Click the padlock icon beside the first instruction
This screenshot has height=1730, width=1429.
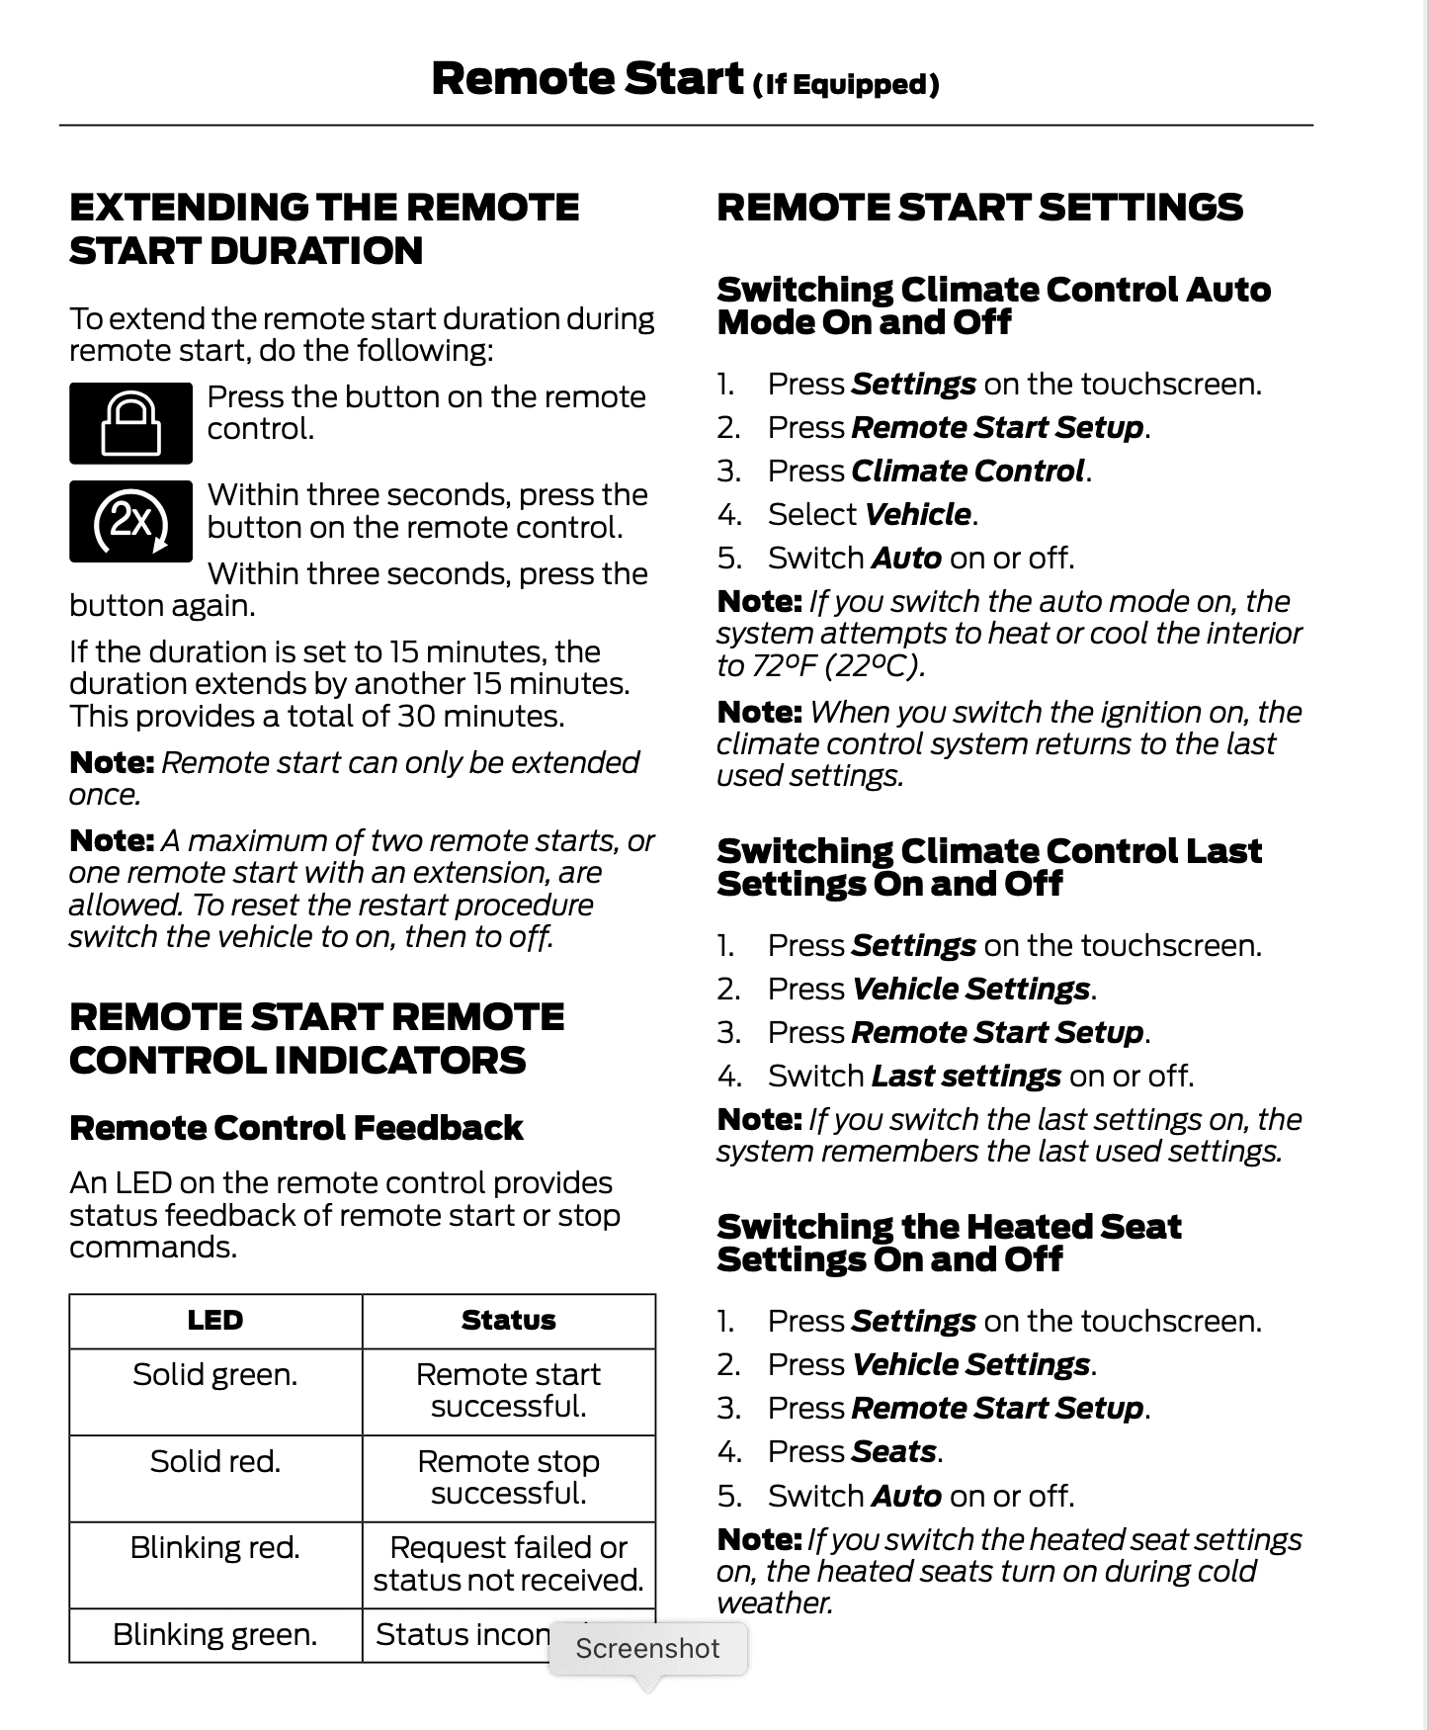[130, 423]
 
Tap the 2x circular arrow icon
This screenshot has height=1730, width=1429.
[130, 521]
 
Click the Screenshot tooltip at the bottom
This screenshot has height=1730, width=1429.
[647, 1648]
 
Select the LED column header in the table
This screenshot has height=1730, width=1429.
[215, 1321]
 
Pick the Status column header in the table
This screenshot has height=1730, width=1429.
[508, 1321]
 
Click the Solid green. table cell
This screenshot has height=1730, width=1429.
[215, 1375]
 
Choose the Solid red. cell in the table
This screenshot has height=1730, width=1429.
[215, 1461]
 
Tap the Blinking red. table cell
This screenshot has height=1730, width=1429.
[215, 1547]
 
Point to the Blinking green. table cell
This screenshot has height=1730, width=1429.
[215, 1635]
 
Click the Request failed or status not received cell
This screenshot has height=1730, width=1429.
[508, 1564]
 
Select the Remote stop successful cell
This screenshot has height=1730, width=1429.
[508, 1477]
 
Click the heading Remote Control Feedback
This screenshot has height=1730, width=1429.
[295, 1128]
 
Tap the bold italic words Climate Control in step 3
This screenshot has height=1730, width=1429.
[967, 471]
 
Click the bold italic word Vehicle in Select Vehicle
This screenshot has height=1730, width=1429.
[917, 514]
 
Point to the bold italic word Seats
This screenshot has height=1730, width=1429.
[893, 1451]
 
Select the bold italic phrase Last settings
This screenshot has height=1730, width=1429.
[966, 1076]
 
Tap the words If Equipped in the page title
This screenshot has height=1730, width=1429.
[845, 85]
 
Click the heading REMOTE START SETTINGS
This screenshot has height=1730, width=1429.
[979, 208]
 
